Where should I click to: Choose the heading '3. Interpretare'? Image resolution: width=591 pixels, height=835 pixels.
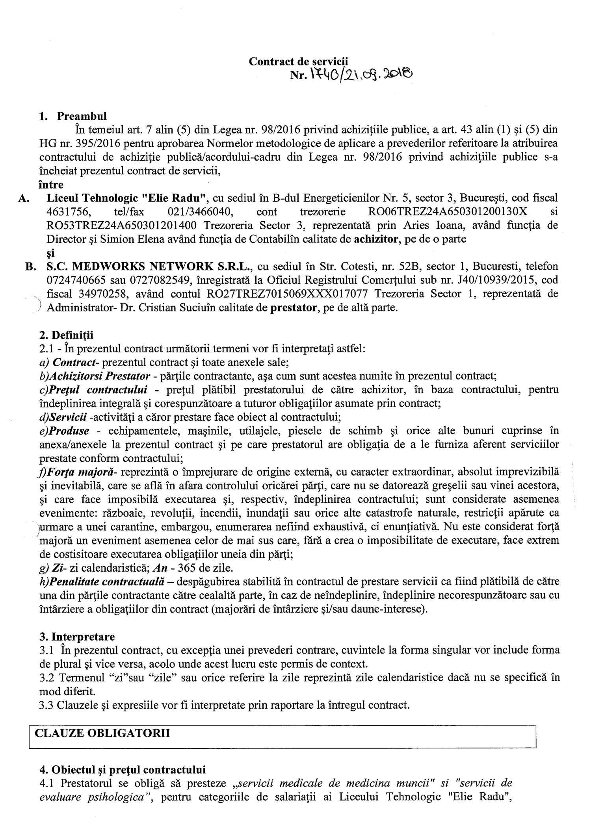(x=77, y=637)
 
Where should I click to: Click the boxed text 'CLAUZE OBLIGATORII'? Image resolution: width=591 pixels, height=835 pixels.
(x=102, y=733)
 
